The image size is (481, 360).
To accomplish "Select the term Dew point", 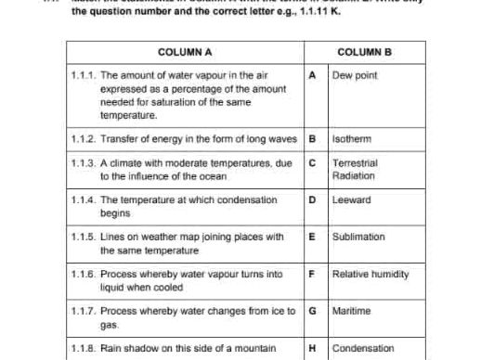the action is tap(355, 74).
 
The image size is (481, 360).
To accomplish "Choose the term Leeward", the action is tap(350, 199).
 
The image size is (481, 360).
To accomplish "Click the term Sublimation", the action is tap(358, 237).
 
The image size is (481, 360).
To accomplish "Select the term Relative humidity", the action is tap(369, 274).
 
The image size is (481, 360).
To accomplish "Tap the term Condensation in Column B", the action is tap(363, 349).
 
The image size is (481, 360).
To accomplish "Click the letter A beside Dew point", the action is tap(312, 74).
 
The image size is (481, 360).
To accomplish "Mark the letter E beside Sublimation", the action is tap(312, 237).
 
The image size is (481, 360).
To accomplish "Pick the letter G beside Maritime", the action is tap(312, 311).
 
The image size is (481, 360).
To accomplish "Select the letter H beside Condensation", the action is tap(312, 349).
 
